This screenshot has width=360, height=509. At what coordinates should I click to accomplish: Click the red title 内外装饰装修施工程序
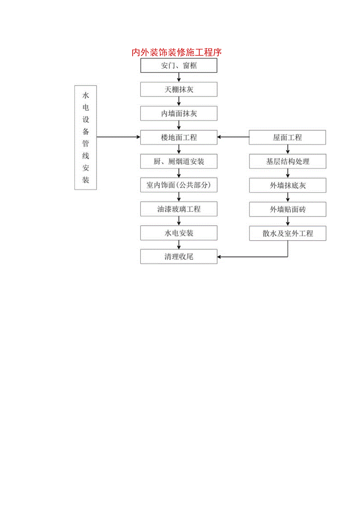click(177, 52)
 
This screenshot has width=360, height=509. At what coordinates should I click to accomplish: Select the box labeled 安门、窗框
click(179, 66)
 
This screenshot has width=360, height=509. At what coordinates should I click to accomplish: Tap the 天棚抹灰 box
click(179, 90)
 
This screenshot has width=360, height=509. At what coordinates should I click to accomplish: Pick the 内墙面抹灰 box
click(179, 113)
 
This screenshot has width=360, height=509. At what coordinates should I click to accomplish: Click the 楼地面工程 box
click(179, 137)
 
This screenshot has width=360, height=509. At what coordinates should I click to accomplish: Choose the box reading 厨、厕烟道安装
click(179, 161)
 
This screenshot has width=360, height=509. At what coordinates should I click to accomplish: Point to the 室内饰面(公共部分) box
click(179, 185)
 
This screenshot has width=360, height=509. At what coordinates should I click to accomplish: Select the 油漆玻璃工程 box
click(179, 209)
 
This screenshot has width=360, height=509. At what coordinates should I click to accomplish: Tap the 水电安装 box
click(179, 233)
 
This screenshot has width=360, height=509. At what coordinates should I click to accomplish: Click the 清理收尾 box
click(179, 257)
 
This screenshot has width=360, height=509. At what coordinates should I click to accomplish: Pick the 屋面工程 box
click(288, 137)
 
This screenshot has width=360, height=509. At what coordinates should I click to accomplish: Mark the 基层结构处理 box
click(288, 161)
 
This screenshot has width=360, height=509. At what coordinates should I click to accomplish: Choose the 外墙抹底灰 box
click(288, 185)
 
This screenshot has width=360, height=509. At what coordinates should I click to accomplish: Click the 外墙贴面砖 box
click(288, 209)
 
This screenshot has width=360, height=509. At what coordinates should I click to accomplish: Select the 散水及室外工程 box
click(288, 234)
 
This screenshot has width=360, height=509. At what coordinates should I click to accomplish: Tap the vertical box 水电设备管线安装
click(86, 137)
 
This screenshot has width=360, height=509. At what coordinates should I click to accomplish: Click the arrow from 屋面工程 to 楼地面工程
click(234, 137)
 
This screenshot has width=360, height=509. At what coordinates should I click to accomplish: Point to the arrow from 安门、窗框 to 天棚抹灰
click(179, 77)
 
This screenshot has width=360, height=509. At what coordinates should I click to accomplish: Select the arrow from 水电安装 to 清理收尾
click(179, 245)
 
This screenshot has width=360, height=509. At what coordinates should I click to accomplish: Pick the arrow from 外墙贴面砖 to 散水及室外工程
click(288, 221)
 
